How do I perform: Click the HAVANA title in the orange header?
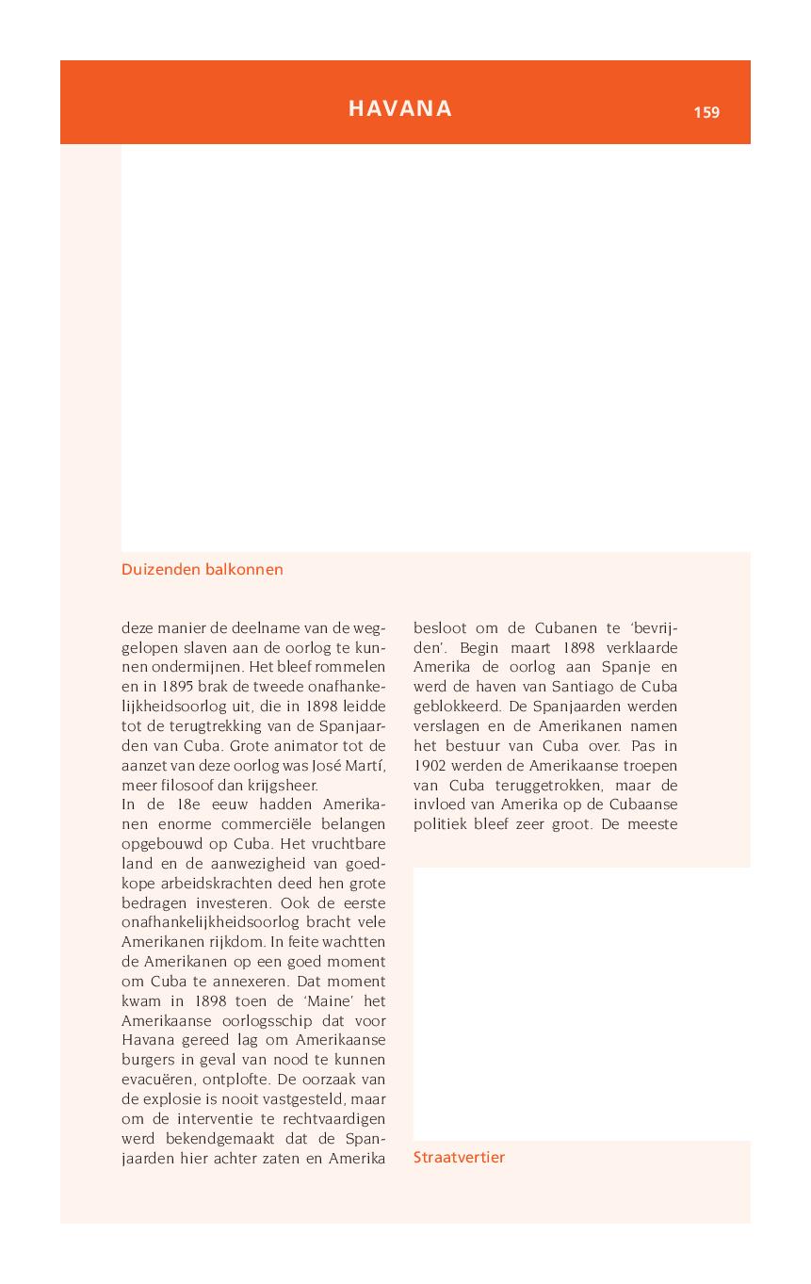click(x=400, y=108)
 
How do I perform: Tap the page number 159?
click(x=706, y=113)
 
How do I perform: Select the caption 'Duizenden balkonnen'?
click(x=203, y=570)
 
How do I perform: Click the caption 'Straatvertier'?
click(x=459, y=1158)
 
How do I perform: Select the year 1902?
click(x=432, y=765)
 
